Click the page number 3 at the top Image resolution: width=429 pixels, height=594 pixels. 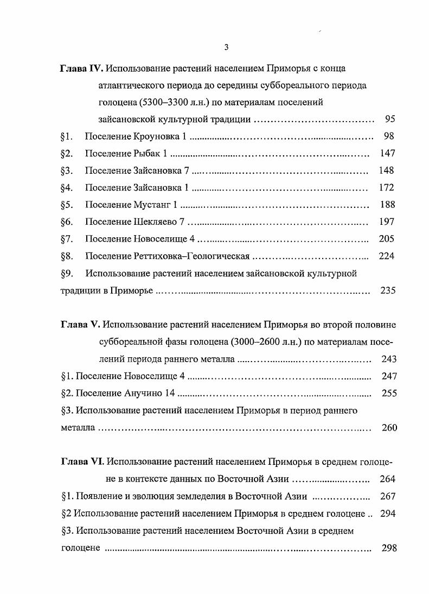click(226, 47)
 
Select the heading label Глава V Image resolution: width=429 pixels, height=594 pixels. click(79, 325)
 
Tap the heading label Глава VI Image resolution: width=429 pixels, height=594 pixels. click(81, 462)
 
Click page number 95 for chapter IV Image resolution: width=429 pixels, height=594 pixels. click(389, 119)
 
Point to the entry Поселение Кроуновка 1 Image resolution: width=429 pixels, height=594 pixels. click(136, 136)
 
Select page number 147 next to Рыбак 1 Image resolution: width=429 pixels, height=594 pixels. click(387, 154)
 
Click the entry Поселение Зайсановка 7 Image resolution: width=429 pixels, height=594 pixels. click(137, 170)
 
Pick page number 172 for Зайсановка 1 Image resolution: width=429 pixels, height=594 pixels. click(387, 188)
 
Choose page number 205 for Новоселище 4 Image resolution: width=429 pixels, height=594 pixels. click(387, 239)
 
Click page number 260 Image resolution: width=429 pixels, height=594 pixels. click(389, 428)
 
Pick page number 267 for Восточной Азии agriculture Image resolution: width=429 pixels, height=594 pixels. click(388, 496)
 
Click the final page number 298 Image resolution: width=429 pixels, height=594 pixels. click(389, 547)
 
